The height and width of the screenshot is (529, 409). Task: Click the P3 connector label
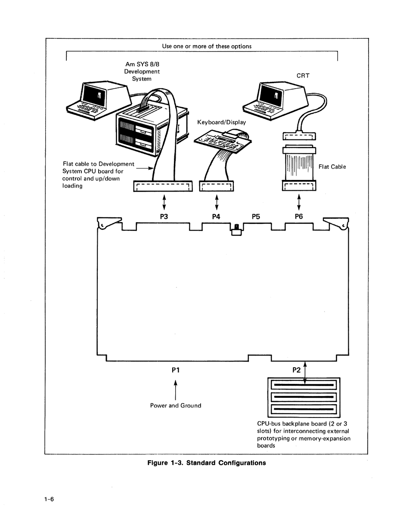pos(164,217)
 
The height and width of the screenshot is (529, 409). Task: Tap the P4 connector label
pos(216,217)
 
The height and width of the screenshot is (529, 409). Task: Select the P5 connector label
pos(256,217)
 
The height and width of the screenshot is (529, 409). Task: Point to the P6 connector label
pos(299,217)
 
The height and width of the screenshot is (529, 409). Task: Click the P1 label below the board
pos(176,370)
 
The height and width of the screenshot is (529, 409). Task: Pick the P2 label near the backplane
pos(297,370)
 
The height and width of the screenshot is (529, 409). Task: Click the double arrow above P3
pos(164,202)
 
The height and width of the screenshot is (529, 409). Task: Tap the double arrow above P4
pos(217,202)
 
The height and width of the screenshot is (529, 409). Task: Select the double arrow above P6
pos(299,202)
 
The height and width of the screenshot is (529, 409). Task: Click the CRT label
pos(303,76)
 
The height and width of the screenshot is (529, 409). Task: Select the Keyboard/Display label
pos(222,122)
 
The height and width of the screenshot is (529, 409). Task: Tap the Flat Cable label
pos(332,167)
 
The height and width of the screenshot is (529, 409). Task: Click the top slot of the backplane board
pos(304,385)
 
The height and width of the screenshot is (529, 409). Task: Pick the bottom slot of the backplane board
pos(304,409)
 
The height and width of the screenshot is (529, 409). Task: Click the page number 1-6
pos(49,499)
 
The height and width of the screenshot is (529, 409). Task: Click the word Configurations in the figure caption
pos(242,463)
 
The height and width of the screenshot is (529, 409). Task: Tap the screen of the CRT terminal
pos(271,96)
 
